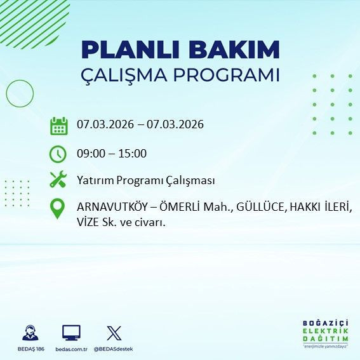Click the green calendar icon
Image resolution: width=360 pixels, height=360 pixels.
point(58,125)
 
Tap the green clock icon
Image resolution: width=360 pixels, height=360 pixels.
point(58,154)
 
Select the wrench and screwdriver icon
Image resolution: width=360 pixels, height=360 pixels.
point(58,180)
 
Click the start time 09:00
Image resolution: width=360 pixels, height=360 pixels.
point(90,154)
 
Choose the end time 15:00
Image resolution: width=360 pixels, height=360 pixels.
point(133,154)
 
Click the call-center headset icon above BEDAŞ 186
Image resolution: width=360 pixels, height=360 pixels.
point(29,333)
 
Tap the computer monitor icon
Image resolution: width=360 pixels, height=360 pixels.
point(71,333)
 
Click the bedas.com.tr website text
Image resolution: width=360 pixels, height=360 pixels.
point(71,349)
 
